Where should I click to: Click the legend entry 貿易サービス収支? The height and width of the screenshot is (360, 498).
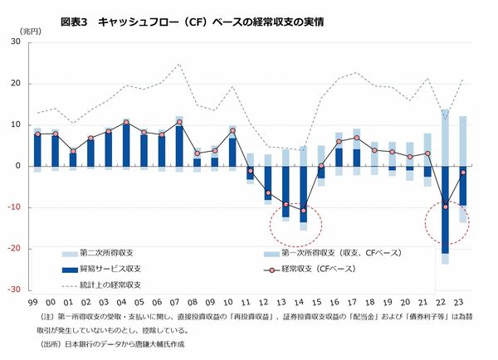click(x=116, y=269)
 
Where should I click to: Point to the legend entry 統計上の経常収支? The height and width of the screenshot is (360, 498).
click(x=116, y=285)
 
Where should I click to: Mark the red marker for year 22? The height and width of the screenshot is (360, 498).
click(x=446, y=206)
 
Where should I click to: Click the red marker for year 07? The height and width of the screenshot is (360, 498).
click(x=179, y=123)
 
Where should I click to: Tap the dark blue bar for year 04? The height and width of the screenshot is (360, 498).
click(x=126, y=144)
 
